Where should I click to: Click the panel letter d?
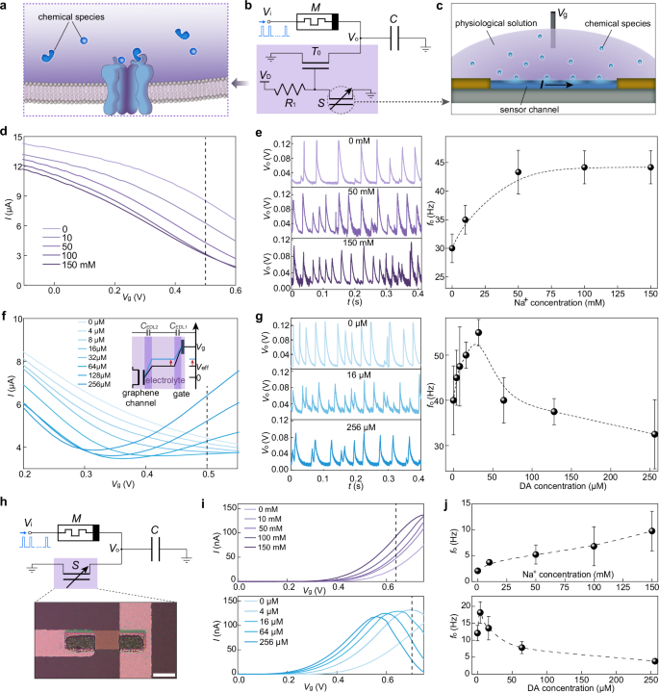tap(7, 134)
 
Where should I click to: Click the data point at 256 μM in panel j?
tap(654, 661)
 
